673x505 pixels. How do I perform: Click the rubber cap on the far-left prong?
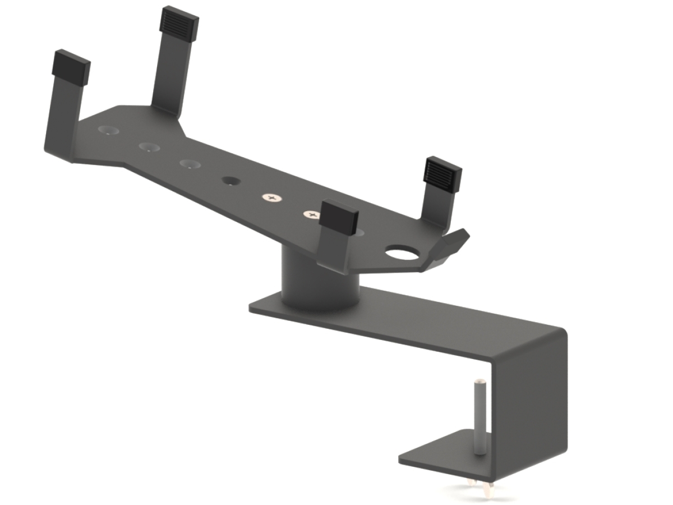[x=72, y=65]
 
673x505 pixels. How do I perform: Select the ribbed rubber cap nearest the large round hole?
[x=442, y=172]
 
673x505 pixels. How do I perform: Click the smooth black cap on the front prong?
[x=339, y=217]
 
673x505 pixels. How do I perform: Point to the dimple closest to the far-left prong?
[x=109, y=130]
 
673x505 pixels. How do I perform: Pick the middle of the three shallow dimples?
[x=149, y=148]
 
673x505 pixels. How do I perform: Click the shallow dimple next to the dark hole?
[x=191, y=164]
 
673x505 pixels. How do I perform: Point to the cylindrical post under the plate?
[x=319, y=281]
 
